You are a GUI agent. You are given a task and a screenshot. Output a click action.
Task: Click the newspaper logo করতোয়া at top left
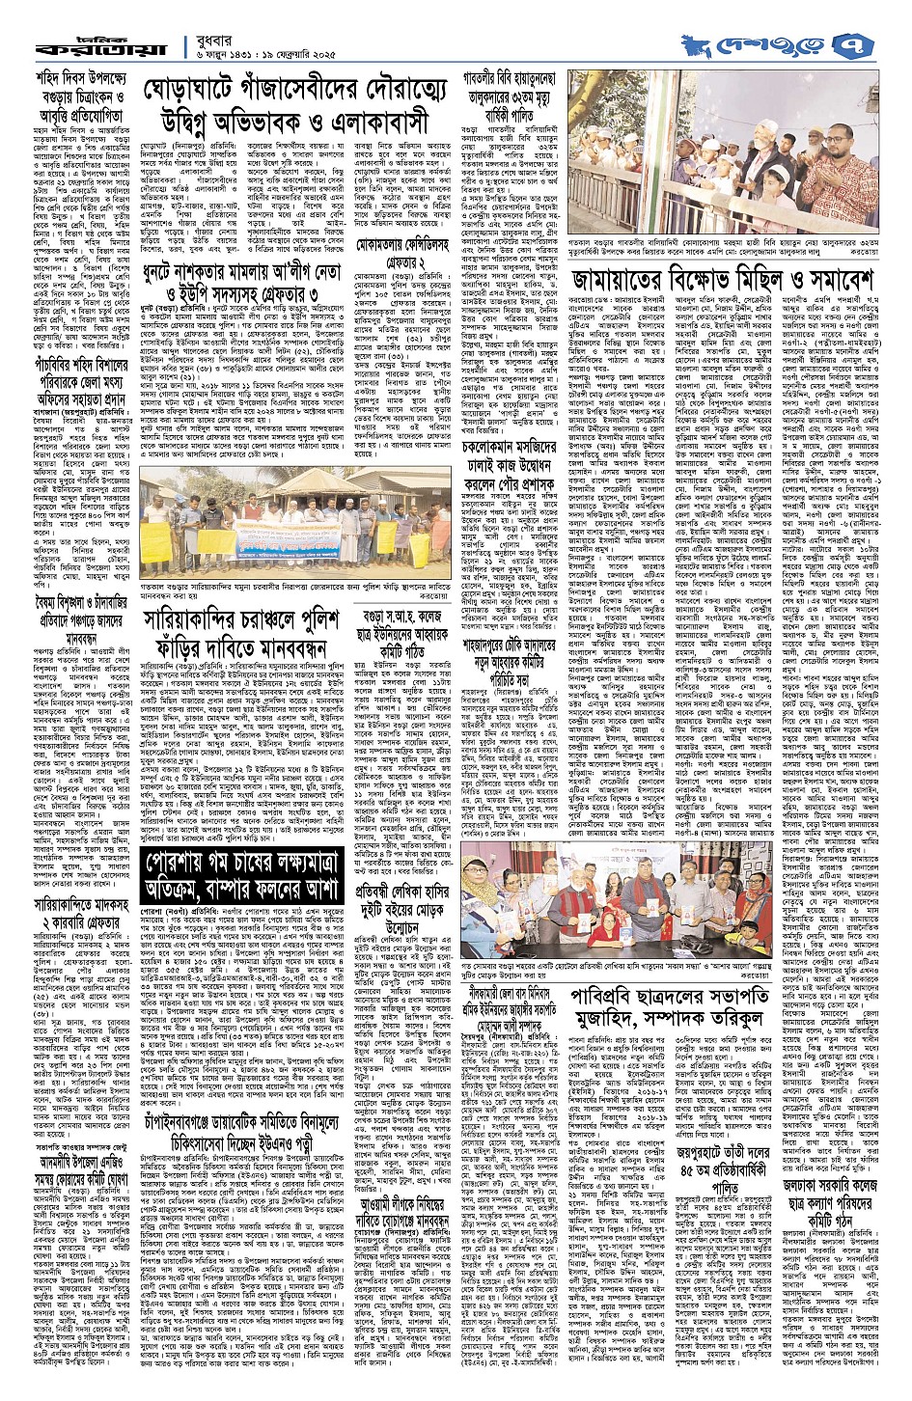pos(97,45)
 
